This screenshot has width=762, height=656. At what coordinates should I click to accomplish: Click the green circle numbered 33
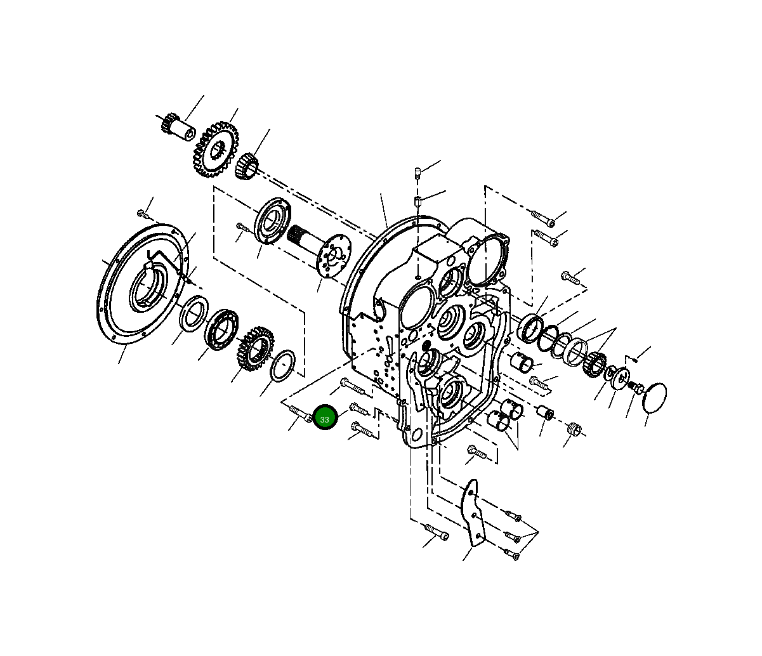[325, 417]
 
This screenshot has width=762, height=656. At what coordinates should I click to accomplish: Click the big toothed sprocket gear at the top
[216, 149]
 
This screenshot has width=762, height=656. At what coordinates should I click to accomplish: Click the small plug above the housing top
[417, 173]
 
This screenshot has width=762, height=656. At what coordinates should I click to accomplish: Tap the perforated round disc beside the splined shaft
[333, 254]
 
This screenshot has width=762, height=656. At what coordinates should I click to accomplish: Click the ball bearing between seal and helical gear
[221, 329]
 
